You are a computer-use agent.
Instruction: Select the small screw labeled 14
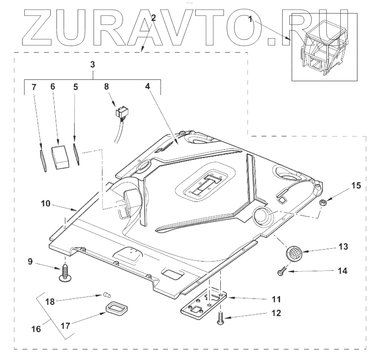click(280, 272)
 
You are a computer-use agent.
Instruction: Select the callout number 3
click(93, 64)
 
